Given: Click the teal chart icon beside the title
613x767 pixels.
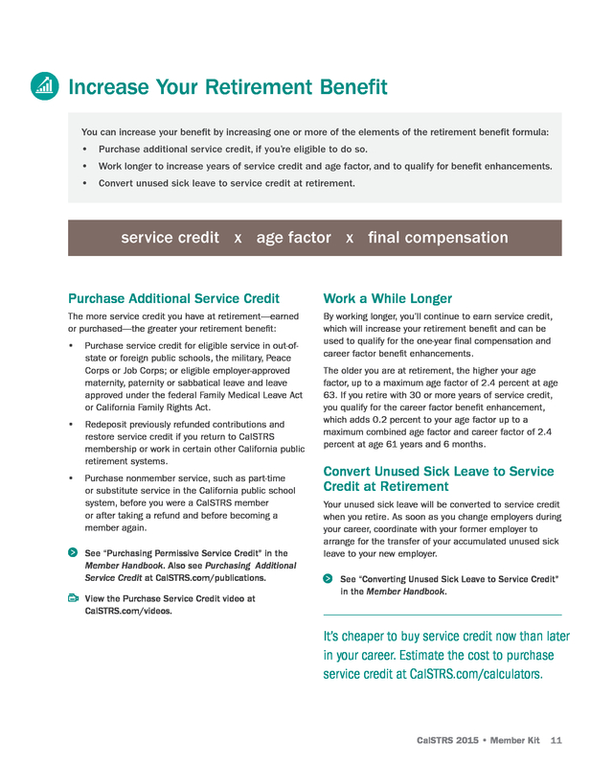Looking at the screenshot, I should click(x=44, y=85).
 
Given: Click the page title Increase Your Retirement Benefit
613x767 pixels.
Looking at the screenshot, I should click(x=228, y=87).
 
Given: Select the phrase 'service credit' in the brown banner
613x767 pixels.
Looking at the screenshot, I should click(x=170, y=238).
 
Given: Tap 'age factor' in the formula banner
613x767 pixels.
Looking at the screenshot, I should click(x=294, y=238).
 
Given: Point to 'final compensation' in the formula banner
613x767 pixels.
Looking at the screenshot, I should click(x=438, y=238).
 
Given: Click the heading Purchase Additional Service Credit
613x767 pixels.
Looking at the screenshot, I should click(x=173, y=298).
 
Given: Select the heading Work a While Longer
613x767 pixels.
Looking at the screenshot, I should click(x=388, y=298).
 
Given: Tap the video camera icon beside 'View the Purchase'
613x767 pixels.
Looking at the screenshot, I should click(x=73, y=597).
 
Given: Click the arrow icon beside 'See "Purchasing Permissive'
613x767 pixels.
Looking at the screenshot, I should click(x=73, y=553).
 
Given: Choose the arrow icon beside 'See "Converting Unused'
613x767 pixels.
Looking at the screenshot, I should click(x=329, y=579).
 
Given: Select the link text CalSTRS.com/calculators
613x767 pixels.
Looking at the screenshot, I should click(x=475, y=674).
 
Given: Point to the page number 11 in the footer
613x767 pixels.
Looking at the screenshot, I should click(x=556, y=740).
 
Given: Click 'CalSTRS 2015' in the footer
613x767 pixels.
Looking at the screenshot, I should click(x=447, y=740).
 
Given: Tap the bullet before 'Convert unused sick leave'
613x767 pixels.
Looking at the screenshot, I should click(x=86, y=182).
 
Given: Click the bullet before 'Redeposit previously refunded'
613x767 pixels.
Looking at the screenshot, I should click(x=72, y=424).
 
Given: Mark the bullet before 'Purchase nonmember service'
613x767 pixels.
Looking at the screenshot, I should click(x=72, y=477).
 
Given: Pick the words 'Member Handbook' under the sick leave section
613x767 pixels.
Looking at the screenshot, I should click(x=409, y=592).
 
